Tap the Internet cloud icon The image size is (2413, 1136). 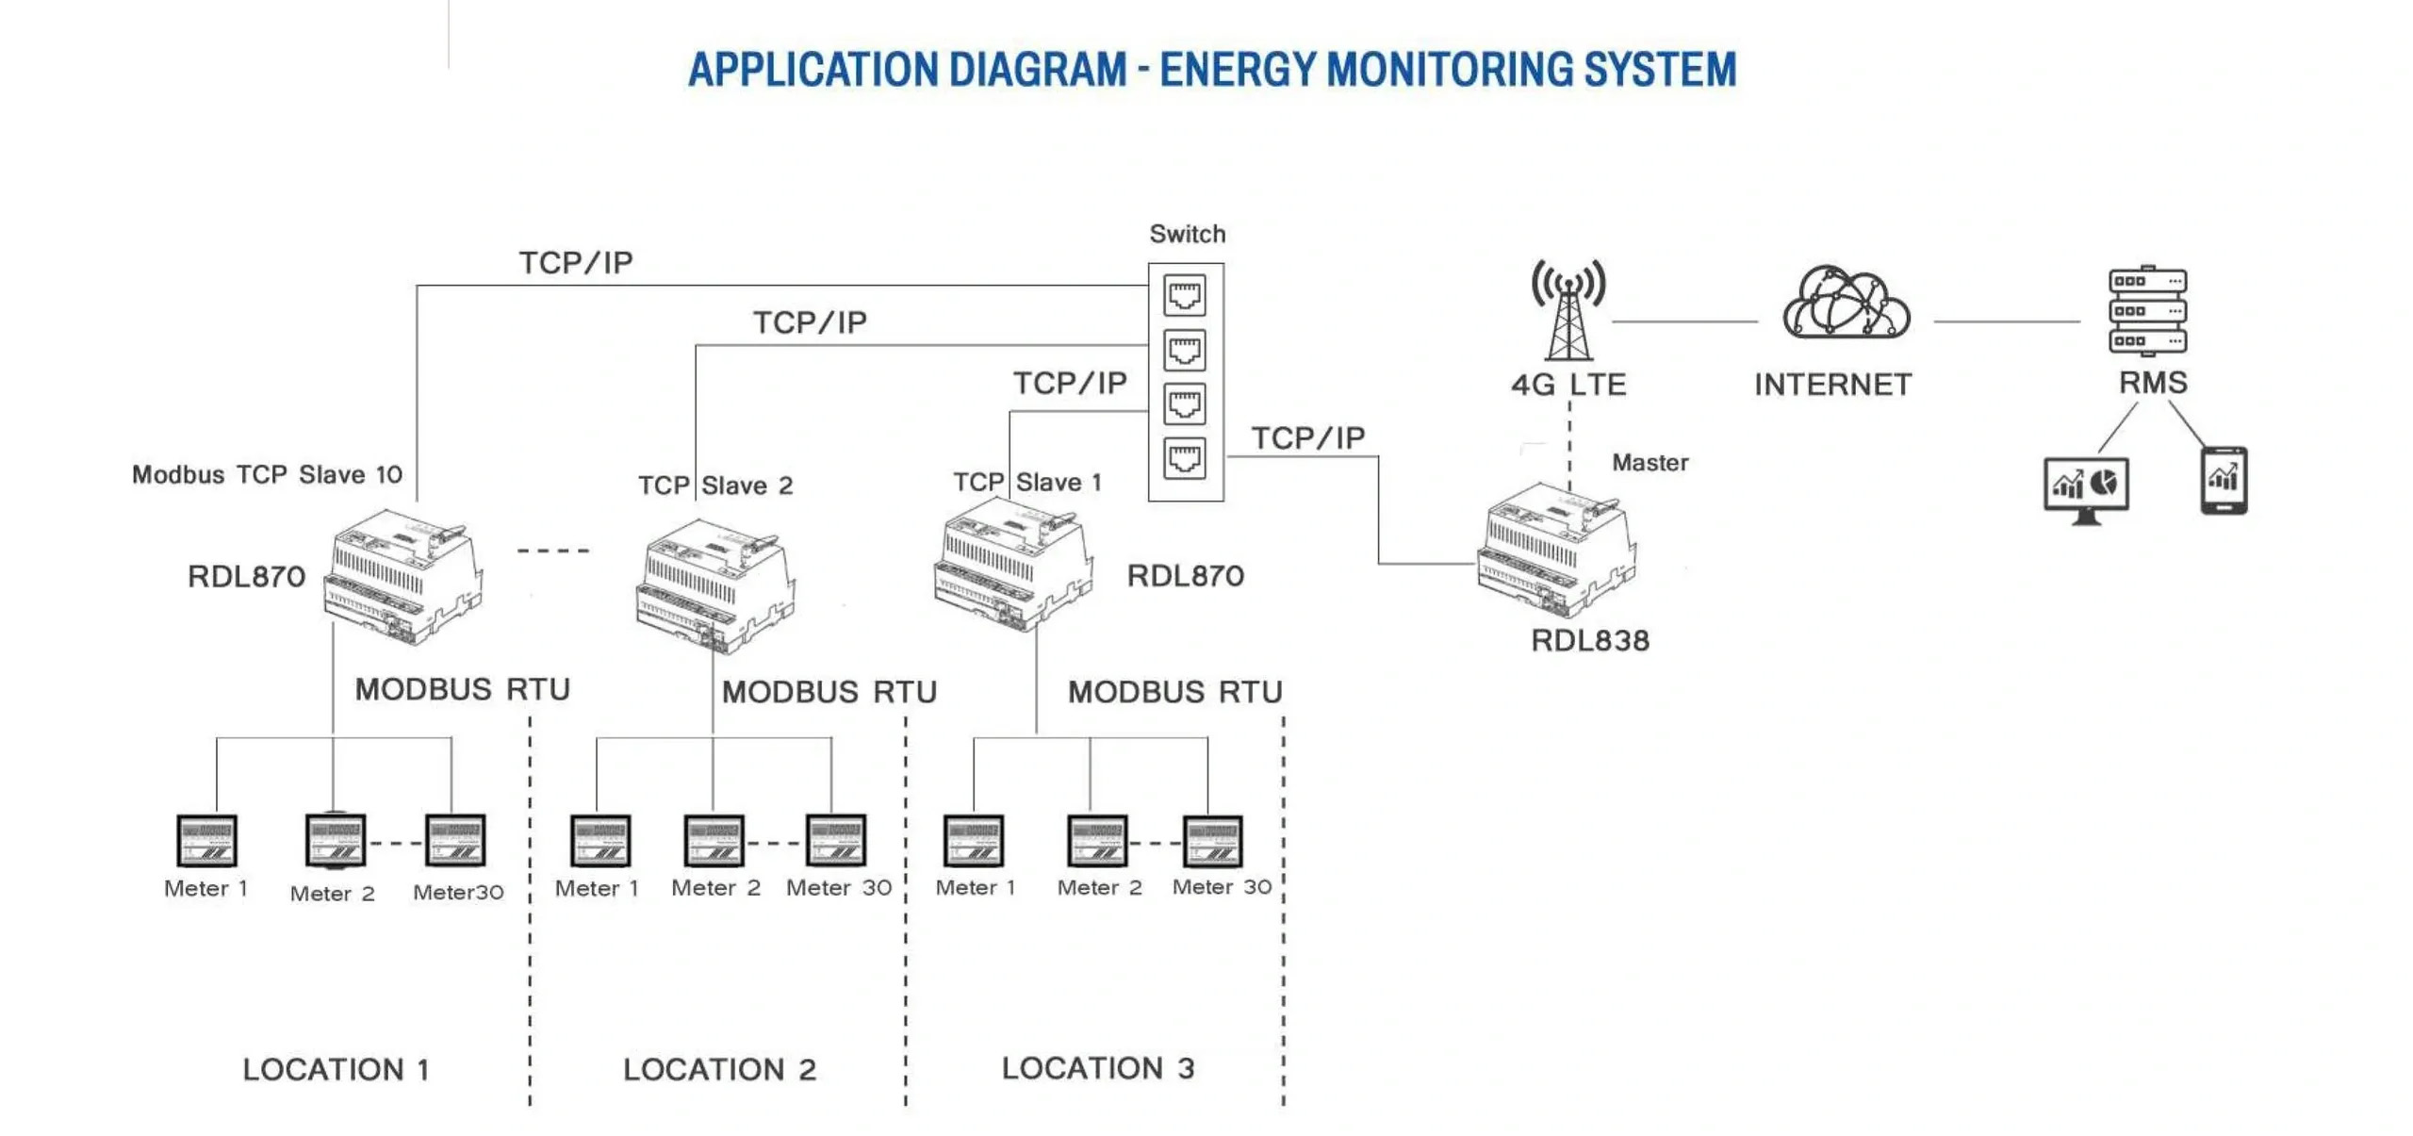[1845, 303]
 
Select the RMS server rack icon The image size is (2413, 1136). [2146, 310]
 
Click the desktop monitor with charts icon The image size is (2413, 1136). [2085, 489]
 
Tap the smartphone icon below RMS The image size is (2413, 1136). [2223, 480]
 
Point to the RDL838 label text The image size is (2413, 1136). [1589, 640]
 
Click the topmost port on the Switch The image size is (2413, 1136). [1184, 295]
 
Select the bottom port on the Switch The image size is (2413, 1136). [1184, 459]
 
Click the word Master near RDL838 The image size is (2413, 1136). [1650, 462]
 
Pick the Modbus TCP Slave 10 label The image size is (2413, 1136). [267, 474]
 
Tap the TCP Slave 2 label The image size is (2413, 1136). [715, 486]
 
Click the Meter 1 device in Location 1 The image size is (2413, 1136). [206, 840]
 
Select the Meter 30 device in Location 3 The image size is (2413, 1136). [1212, 841]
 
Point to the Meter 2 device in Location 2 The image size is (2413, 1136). [714, 841]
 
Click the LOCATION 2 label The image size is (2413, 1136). [719, 1069]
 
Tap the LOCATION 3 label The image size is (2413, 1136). [1097, 1068]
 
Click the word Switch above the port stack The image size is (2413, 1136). [1187, 234]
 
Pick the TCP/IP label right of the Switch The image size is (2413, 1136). [1307, 437]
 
